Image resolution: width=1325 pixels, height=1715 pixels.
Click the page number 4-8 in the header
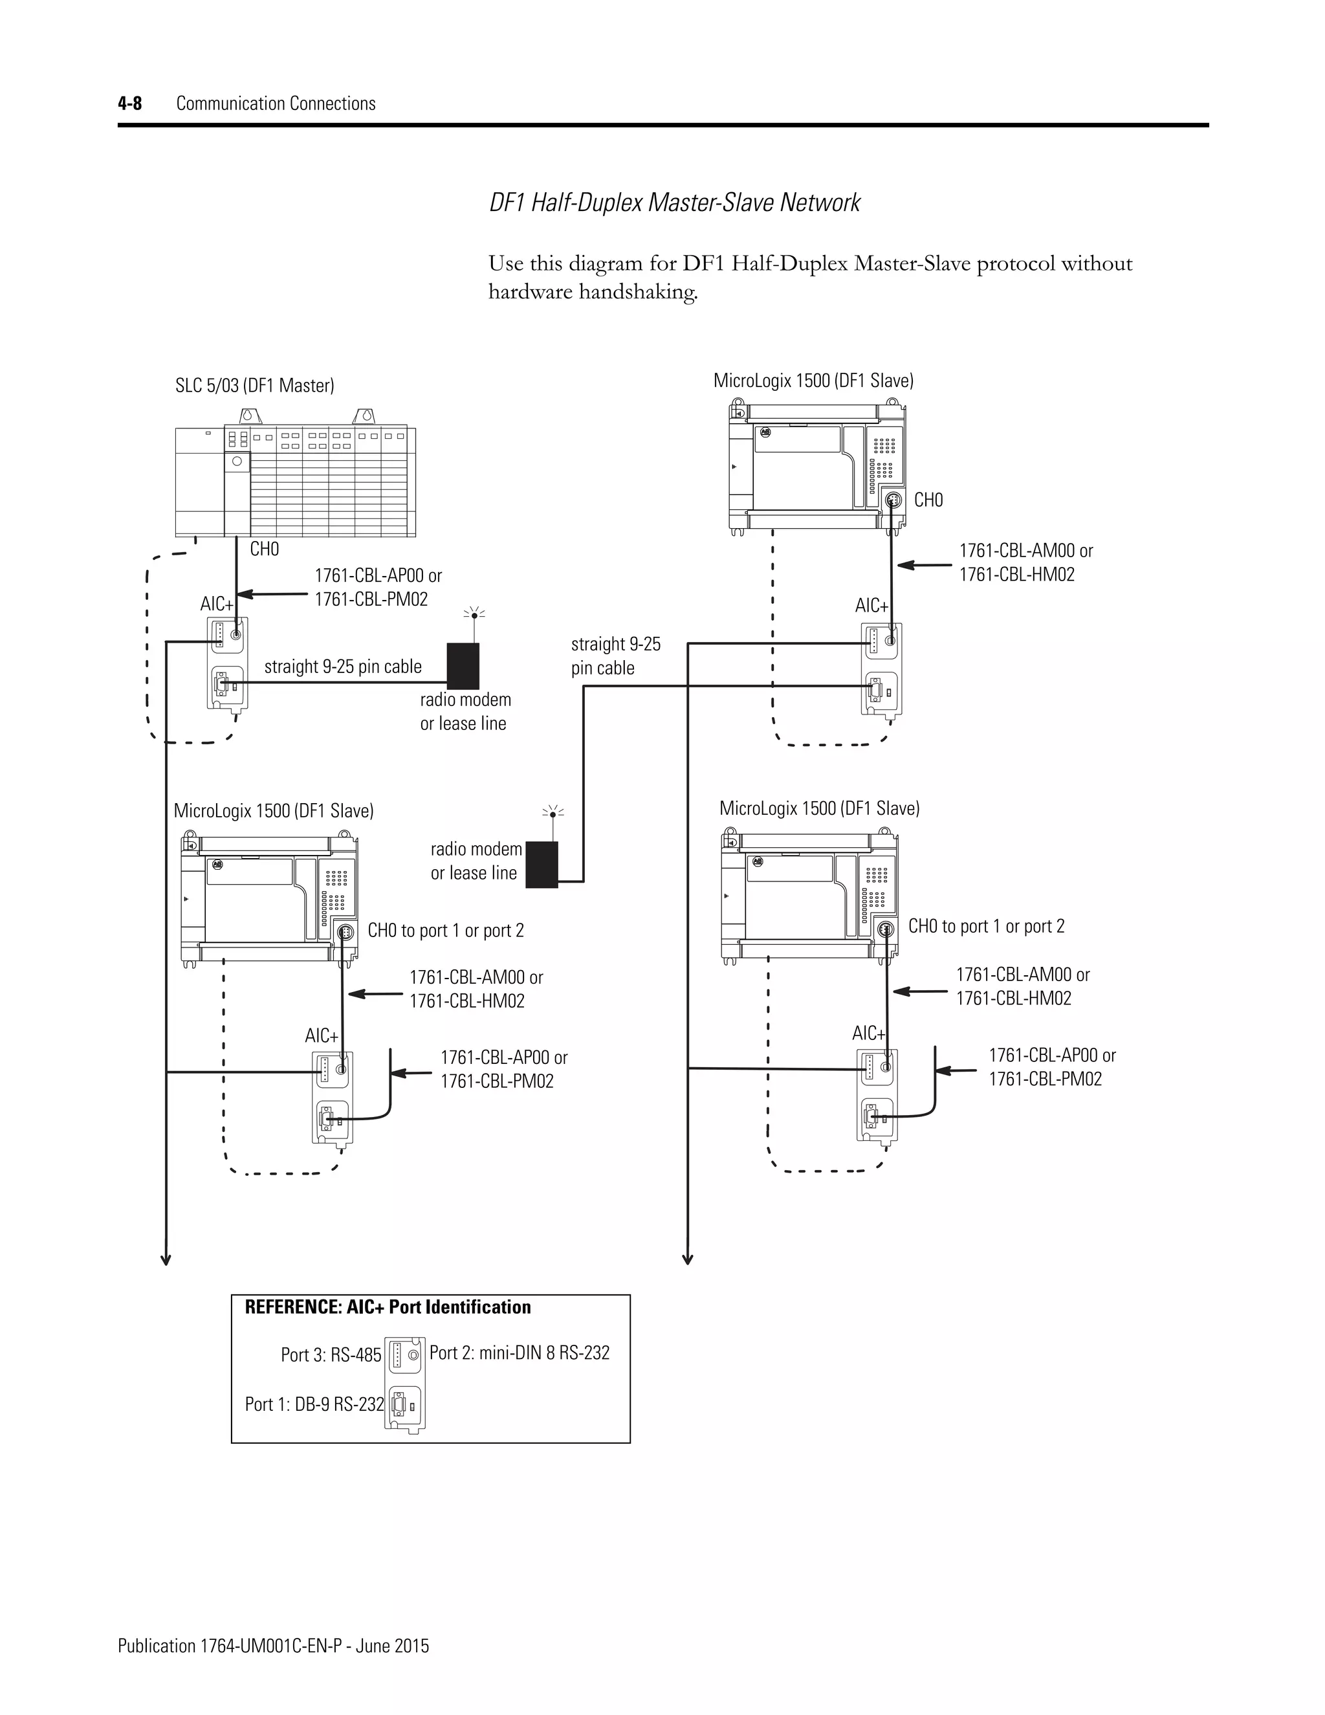[129, 104]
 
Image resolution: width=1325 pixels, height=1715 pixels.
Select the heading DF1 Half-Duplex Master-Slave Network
[674, 203]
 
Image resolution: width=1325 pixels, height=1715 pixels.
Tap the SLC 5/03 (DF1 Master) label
[254, 386]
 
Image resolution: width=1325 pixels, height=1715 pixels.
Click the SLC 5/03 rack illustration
[295, 481]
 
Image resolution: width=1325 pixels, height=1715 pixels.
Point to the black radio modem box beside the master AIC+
[463, 666]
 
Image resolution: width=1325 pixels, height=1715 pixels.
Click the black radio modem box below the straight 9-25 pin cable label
[542, 865]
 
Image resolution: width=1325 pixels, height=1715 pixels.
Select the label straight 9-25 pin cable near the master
[342, 667]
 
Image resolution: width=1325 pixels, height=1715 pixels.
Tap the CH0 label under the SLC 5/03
[265, 549]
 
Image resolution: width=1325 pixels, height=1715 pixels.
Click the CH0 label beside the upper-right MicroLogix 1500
[928, 500]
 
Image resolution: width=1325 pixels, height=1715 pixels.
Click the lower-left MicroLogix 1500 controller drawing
[271, 900]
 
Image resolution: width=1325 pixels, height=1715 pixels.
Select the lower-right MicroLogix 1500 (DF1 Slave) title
[820, 809]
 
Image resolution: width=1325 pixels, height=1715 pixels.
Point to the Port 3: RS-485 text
[331, 1355]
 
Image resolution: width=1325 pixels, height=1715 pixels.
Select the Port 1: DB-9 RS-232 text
[314, 1405]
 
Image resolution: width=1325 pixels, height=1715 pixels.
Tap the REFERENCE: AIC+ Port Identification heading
[388, 1307]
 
